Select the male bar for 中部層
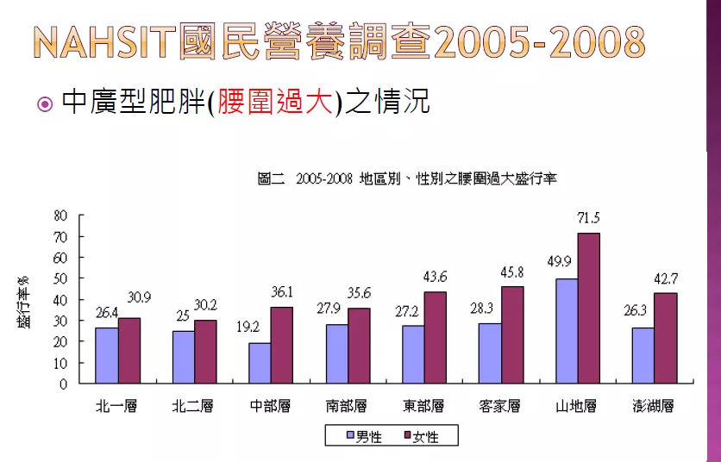tap(260, 363)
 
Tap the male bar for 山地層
tap(567, 331)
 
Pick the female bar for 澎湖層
tap(665, 339)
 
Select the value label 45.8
tap(513, 273)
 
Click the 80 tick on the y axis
tap(61, 215)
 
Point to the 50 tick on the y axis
tap(61, 278)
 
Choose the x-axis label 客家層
tap(500, 406)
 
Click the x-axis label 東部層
tap(423, 406)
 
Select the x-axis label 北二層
tap(193, 406)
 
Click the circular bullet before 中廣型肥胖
tap(45, 105)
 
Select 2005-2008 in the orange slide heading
tap(541, 41)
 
